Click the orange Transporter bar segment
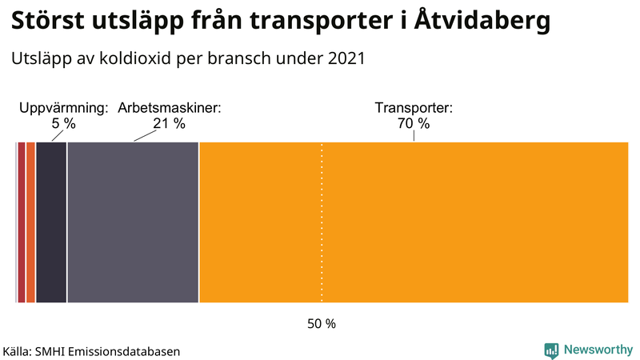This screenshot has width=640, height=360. [413, 222]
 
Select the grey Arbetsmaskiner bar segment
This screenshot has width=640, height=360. [133, 222]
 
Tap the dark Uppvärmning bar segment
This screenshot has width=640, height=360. [51, 222]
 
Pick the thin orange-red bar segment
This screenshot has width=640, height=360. [30, 222]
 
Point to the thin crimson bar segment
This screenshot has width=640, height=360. [22, 222]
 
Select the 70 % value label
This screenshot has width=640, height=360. [414, 124]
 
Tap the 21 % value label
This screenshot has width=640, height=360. [169, 124]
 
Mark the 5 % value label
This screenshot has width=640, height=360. [63, 124]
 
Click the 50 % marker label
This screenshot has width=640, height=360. [322, 324]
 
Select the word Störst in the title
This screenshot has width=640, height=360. [49, 22]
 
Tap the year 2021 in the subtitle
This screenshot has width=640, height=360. [346, 59]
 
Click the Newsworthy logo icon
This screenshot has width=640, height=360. [551, 350]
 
